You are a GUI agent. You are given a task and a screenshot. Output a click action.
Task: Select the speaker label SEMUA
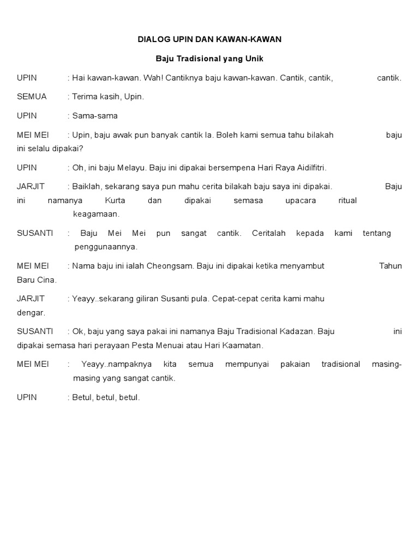pos(32,97)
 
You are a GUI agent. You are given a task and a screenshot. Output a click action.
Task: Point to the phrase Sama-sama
pos(95,116)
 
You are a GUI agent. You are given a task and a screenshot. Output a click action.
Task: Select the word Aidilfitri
pos(307,168)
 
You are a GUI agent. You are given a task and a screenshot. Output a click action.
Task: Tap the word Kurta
pos(115,200)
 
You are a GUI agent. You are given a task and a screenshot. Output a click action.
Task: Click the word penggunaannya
pos(106,247)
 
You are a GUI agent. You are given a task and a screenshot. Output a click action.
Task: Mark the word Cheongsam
pos(171,266)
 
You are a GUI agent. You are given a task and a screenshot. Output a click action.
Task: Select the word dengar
pos(31,313)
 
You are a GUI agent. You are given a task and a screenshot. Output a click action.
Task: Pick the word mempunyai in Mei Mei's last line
pos(247,364)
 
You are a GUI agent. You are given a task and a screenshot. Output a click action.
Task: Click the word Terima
pos(85,97)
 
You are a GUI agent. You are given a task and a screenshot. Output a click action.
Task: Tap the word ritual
pos(348,200)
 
